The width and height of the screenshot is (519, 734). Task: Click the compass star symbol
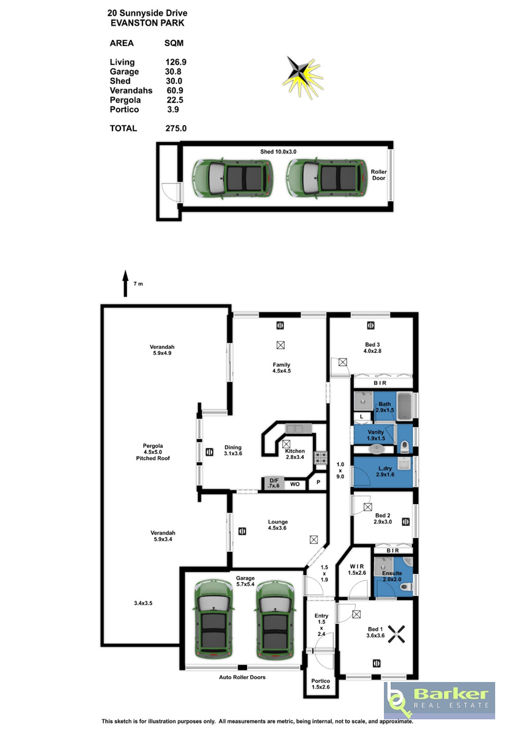coord(303,78)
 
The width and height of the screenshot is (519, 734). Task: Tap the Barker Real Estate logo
coord(439,700)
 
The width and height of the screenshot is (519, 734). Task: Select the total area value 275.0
coord(176,128)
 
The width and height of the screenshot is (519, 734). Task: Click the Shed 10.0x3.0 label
coord(278,152)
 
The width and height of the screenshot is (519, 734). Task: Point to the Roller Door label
coord(378,175)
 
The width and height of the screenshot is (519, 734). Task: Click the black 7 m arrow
coord(125,283)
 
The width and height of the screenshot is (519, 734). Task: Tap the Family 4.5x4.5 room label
coord(282,368)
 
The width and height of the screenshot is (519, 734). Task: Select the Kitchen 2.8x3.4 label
coord(295,454)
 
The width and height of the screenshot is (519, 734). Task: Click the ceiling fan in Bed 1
coord(397,634)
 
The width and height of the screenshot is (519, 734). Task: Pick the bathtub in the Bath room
coord(405,406)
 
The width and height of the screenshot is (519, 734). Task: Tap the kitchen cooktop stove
coord(319,458)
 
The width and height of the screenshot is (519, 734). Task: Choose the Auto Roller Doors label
coord(242,677)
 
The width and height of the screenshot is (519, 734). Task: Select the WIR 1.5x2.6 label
coord(357,569)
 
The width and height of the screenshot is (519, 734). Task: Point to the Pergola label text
coord(153,446)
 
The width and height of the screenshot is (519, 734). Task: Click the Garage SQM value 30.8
coord(173,72)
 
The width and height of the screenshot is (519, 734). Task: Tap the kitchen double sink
coord(298,428)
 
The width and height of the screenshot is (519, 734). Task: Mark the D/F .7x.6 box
coord(273,483)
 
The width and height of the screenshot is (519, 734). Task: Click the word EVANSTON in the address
coord(134,23)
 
